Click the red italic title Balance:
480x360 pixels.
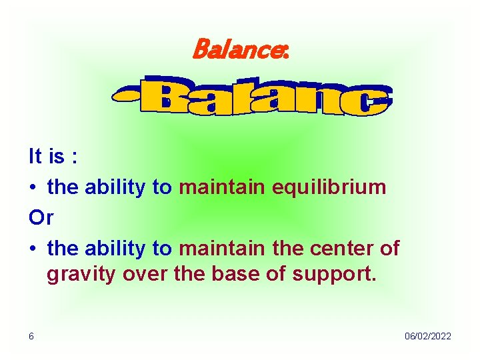[x=240, y=48]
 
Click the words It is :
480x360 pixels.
[x=53, y=157]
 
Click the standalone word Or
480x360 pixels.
[x=41, y=218]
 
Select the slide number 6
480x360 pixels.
[x=32, y=336]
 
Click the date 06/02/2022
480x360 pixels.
[x=427, y=336]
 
